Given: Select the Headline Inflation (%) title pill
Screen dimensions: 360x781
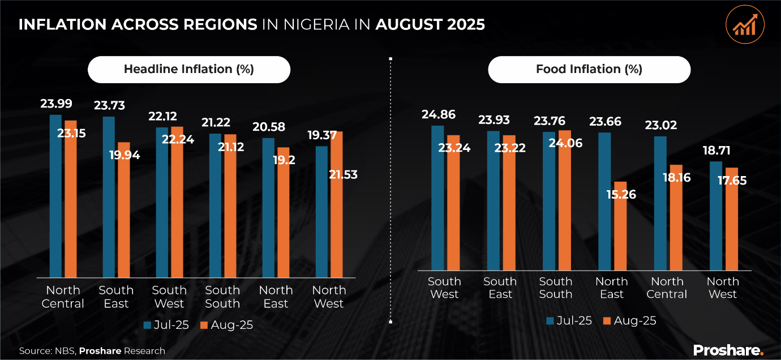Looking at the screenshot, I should point(188,70).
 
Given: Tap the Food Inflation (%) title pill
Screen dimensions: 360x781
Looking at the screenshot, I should point(589,70).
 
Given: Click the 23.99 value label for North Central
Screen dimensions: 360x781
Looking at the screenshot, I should point(55,104).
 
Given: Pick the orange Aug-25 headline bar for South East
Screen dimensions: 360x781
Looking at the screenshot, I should point(123,209).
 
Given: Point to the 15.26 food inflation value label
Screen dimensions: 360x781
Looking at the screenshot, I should point(620,195).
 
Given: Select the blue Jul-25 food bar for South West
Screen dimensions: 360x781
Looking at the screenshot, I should point(437,198).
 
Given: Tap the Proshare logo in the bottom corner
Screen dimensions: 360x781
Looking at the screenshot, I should point(728,350).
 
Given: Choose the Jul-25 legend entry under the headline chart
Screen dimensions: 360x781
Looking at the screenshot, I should point(165,325).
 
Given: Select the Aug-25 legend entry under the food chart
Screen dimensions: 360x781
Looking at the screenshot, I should point(630,320).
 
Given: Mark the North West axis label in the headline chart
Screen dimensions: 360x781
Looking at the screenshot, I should point(328,297).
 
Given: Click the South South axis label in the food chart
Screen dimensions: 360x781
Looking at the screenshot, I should point(555,288).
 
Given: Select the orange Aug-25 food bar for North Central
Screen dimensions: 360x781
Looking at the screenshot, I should point(676,217).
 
